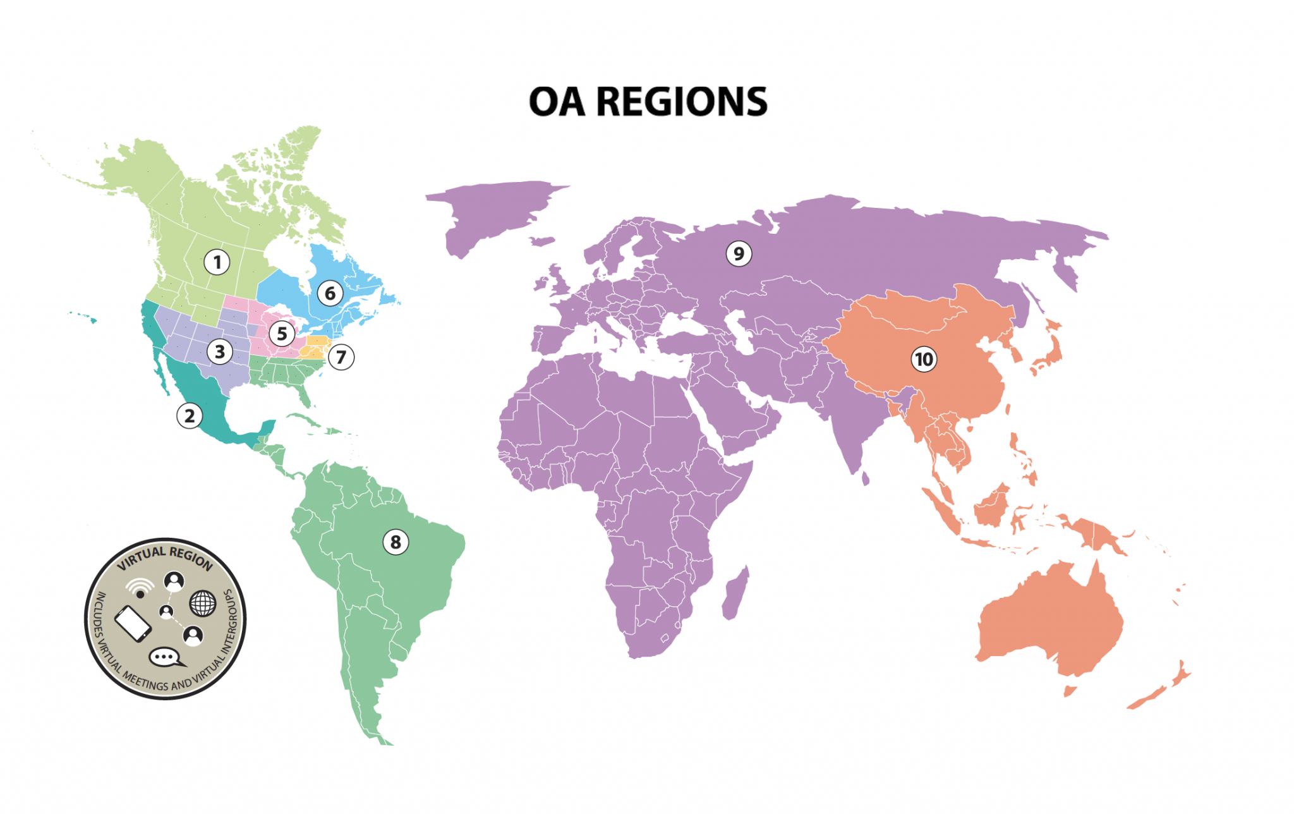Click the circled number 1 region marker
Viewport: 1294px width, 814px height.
(217, 262)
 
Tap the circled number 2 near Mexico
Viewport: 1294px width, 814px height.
(190, 416)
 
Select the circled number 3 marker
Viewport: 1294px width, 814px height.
(220, 351)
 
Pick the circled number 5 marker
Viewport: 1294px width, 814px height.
(282, 334)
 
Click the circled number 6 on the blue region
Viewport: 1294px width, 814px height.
(330, 293)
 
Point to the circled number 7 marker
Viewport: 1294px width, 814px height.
(341, 357)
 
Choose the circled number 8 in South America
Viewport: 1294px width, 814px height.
(396, 542)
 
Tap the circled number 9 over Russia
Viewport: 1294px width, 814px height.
(739, 253)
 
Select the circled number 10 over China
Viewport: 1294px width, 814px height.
(924, 360)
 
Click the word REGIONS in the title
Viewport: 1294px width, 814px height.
(682, 102)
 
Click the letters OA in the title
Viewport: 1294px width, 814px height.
(557, 102)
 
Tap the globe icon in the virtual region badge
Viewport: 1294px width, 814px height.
(203, 604)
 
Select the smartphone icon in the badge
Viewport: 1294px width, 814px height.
(133, 623)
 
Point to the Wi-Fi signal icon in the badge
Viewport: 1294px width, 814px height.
(140, 588)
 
